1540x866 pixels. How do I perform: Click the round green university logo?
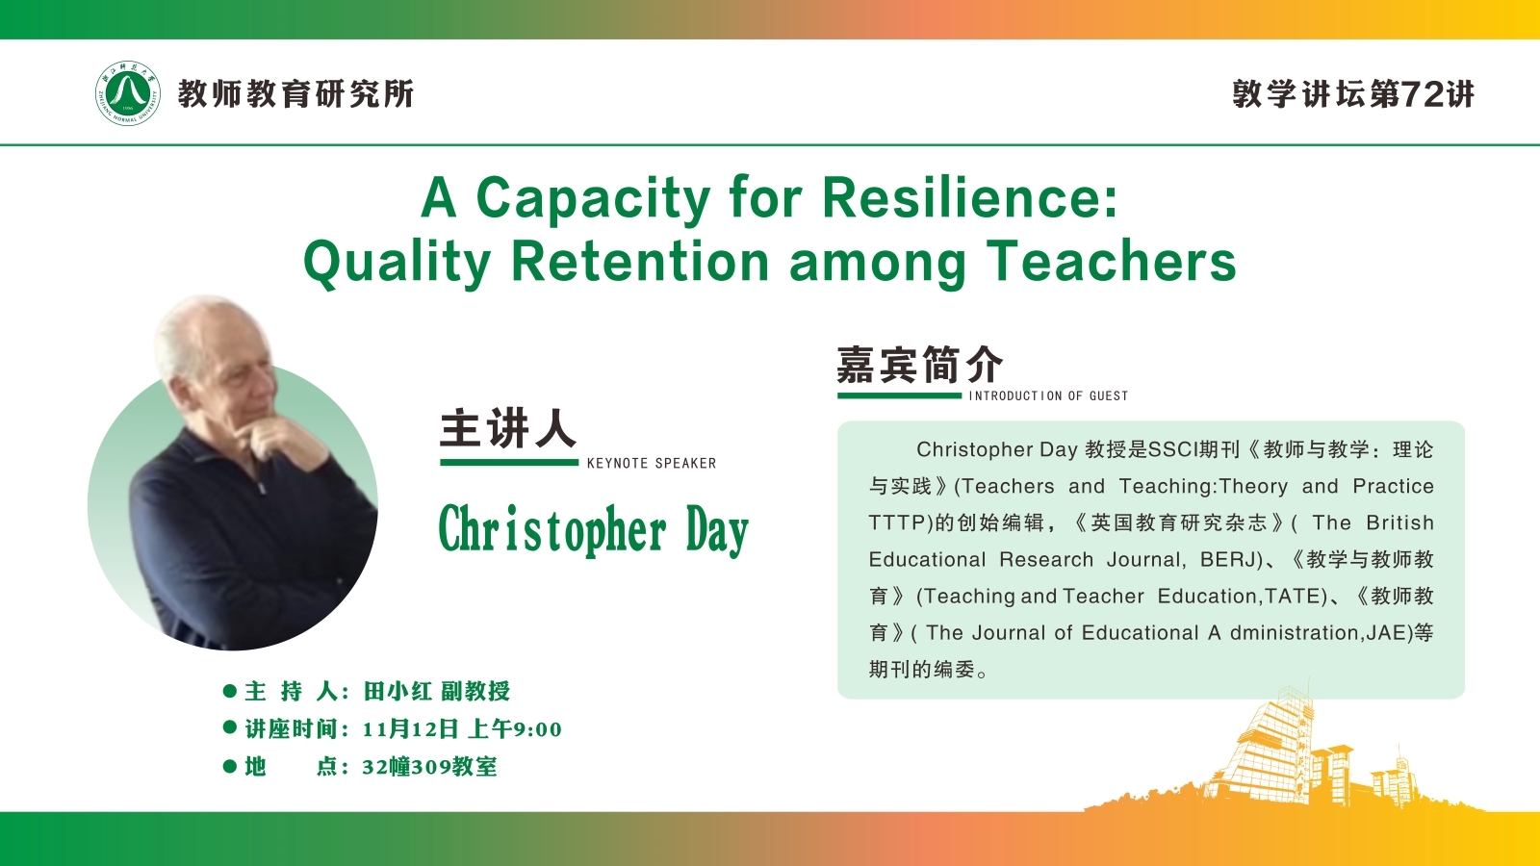click(x=127, y=93)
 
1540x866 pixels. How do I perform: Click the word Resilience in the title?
click(x=970, y=198)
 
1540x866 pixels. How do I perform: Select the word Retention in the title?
click(x=641, y=262)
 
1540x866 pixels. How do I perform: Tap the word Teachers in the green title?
click(x=1111, y=262)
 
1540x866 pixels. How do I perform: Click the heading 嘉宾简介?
click(x=920, y=365)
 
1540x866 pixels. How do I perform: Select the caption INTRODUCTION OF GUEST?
click(x=1048, y=395)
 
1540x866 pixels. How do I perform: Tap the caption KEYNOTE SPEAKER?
click(x=652, y=463)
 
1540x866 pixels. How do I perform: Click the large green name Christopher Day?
click(x=593, y=529)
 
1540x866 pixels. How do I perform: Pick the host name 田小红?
click(x=398, y=691)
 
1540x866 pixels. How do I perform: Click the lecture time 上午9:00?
click(x=515, y=728)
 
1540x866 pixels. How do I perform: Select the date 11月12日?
click(x=410, y=728)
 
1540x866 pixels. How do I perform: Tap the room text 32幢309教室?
click(x=429, y=766)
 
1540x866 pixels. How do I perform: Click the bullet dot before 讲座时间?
click(x=230, y=727)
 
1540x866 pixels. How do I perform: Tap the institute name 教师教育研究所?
click(x=295, y=93)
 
